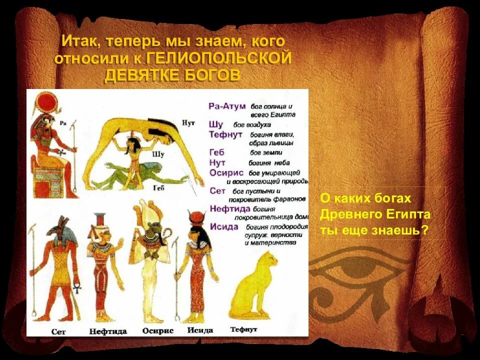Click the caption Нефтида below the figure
(x=107, y=331)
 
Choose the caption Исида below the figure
(x=200, y=330)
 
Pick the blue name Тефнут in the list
(x=225, y=134)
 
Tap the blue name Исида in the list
(x=224, y=226)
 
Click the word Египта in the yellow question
(x=402, y=215)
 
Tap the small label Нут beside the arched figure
(x=188, y=122)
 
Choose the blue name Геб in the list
(x=217, y=152)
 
